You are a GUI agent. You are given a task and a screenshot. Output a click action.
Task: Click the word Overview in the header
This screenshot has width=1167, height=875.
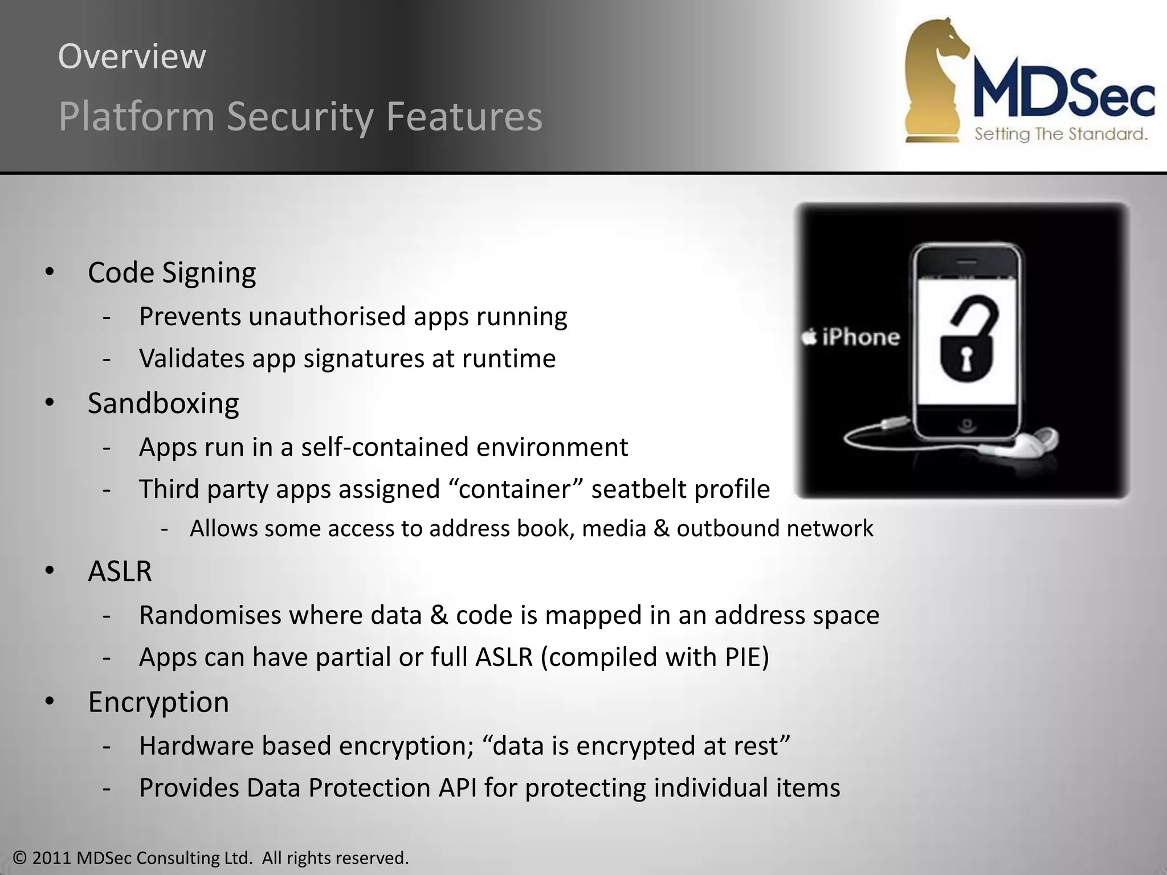pos(132,56)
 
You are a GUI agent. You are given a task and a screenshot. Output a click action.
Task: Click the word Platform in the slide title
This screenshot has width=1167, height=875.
pos(136,116)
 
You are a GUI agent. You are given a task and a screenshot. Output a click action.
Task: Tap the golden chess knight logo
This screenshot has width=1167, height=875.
pos(935,80)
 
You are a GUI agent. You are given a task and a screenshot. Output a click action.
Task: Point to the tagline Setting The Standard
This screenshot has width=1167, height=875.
pos(1060,134)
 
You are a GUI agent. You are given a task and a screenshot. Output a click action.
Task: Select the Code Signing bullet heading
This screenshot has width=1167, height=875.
pos(172,272)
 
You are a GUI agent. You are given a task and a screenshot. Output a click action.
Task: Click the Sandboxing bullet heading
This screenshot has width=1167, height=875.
pos(163,403)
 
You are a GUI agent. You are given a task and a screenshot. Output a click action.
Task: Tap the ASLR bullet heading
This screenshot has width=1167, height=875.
pos(120,571)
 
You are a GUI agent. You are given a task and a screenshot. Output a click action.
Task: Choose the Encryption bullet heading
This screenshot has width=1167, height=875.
pos(158,702)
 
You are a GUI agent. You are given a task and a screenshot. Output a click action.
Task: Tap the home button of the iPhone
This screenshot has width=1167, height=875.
pos(966,424)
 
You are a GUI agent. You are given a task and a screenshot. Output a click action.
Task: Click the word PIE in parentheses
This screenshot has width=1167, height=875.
pos(742,657)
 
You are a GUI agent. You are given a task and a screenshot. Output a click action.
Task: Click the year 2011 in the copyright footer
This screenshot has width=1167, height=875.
pos(52,857)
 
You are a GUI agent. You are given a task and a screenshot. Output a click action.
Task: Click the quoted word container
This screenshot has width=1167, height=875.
pos(515,489)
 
